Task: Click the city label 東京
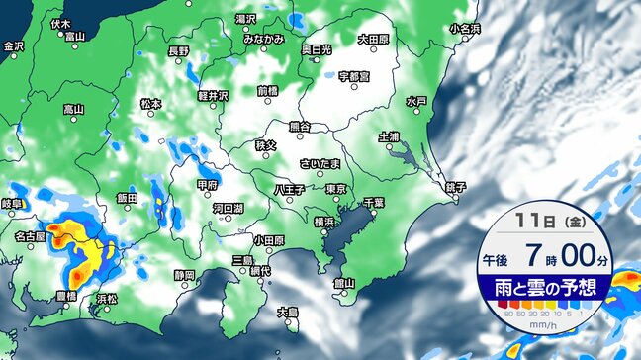click(335, 188)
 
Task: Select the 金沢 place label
click(13, 46)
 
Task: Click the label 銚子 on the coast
click(456, 187)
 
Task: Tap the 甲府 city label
click(207, 184)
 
